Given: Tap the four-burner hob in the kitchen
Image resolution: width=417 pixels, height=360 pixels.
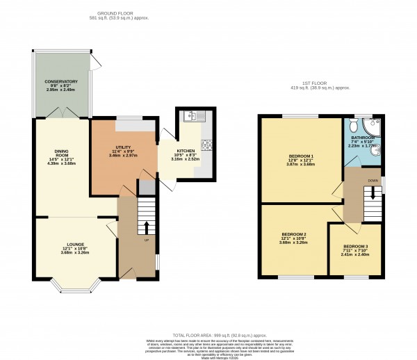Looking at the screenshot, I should (x=206, y=145).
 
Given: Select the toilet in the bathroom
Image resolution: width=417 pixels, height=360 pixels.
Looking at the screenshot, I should (x=353, y=125).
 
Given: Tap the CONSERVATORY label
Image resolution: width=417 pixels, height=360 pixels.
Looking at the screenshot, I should (x=61, y=82).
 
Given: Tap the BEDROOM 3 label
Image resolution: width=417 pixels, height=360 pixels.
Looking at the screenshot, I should (x=354, y=247).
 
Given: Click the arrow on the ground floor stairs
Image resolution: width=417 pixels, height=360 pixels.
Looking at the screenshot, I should (x=146, y=227).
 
